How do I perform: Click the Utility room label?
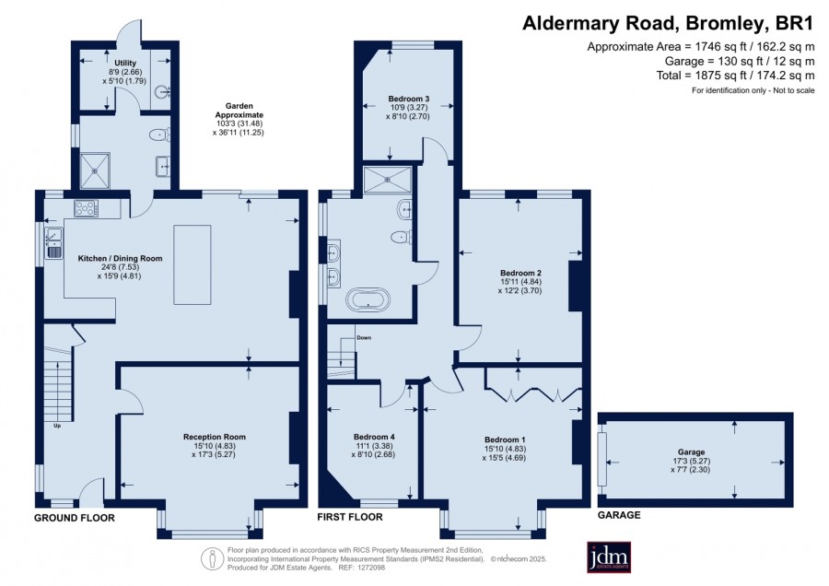point(125,63)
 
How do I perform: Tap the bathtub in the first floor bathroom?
point(368,299)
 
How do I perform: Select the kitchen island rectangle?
point(193,264)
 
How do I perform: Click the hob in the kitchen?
point(86,208)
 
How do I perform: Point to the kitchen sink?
point(54,242)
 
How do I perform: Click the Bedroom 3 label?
point(409,99)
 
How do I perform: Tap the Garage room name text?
point(691,452)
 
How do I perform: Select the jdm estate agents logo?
point(609,557)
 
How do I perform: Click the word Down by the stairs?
point(364,337)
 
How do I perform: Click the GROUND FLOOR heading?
point(75,518)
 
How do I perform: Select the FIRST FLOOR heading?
point(350,517)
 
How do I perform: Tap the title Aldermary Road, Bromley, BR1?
point(668,24)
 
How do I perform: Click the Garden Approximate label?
point(239,111)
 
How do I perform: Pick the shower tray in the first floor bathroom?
point(388,180)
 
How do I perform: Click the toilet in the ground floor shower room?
point(159,135)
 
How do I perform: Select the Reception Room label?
point(215,437)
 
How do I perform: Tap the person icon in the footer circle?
point(213,559)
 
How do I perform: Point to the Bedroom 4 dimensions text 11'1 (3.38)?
point(374,446)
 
